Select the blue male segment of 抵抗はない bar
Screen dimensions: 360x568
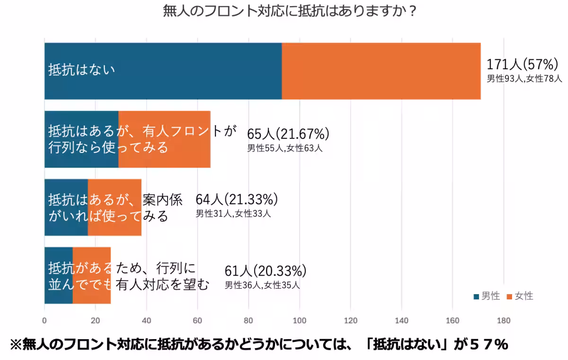pos(163,71)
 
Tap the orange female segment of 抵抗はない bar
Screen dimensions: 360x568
pos(381,71)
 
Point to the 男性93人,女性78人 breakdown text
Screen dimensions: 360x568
pos(524,79)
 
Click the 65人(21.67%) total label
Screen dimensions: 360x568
pos(288,134)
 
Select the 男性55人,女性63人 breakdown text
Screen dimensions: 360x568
pos(284,148)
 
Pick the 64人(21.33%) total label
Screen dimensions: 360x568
pos(237,199)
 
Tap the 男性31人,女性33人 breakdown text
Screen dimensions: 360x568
pos(233,214)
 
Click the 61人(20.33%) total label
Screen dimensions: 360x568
pos(266,271)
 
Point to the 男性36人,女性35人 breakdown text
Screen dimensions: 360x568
pos(262,285)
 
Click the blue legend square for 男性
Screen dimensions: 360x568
pos(476,297)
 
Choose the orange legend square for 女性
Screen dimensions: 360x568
pos(509,297)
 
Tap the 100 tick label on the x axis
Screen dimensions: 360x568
pos(299,320)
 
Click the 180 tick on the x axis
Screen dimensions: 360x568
pos(504,320)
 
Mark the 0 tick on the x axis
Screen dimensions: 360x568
pos(44,320)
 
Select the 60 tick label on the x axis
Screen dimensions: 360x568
pos(197,320)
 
